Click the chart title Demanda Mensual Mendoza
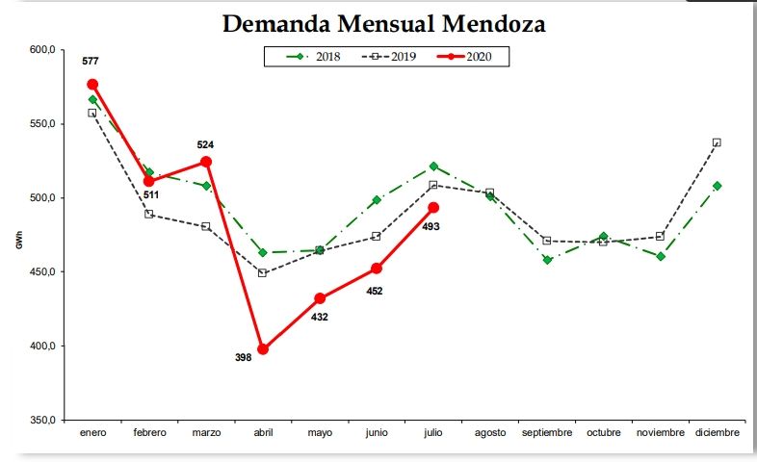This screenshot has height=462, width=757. pyautogui.click(x=383, y=23)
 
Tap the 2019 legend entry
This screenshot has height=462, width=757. pyautogui.click(x=391, y=57)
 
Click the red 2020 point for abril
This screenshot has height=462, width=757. pyautogui.click(x=263, y=348)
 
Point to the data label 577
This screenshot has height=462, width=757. pyautogui.click(x=91, y=62)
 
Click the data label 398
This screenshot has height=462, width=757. pyautogui.click(x=244, y=357)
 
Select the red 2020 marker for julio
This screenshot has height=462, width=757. pyautogui.click(x=433, y=207)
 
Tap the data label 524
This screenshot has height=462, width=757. pyautogui.click(x=205, y=145)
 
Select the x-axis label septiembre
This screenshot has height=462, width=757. pyautogui.click(x=547, y=433)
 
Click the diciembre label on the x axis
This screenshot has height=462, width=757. pyautogui.click(x=718, y=433)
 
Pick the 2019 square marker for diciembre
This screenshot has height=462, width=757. pyautogui.click(x=717, y=142)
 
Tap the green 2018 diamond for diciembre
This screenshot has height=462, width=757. pyautogui.click(x=718, y=186)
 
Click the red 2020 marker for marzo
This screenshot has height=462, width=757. pyautogui.click(x=206, y=162)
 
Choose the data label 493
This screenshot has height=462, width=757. pyautogui.click(x=431, y=226)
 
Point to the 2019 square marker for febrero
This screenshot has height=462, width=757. pyautogui.click(x=149, y=214)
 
